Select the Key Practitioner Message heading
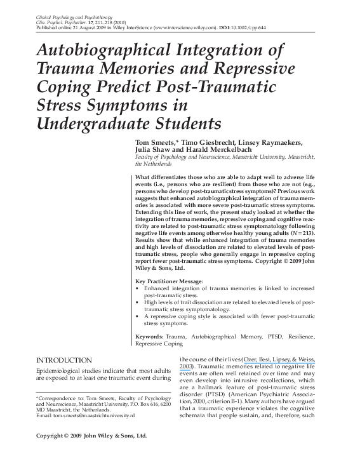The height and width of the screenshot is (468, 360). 171,280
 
